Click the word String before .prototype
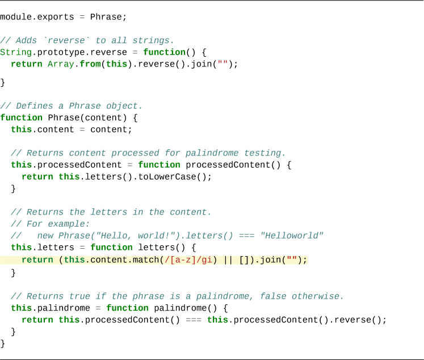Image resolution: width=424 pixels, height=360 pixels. (x=16, y=52)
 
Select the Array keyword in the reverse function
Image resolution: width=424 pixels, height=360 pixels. (x=61, y=64)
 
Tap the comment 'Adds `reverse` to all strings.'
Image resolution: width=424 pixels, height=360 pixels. (x=87, y=40)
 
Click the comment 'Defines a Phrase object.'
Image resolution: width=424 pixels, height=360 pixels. (x=71, y=106)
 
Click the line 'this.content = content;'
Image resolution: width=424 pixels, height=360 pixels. (x=71, y=129)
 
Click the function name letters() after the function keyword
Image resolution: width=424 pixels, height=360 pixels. (x=167, y=248)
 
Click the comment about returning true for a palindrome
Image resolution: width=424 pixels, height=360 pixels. (x=177, y=296)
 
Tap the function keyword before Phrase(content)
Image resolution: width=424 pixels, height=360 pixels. (x=21, y=118)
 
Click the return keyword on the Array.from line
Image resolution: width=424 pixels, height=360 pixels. (x=26, y=64)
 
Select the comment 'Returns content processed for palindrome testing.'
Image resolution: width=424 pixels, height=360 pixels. (x=148, y=153)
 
